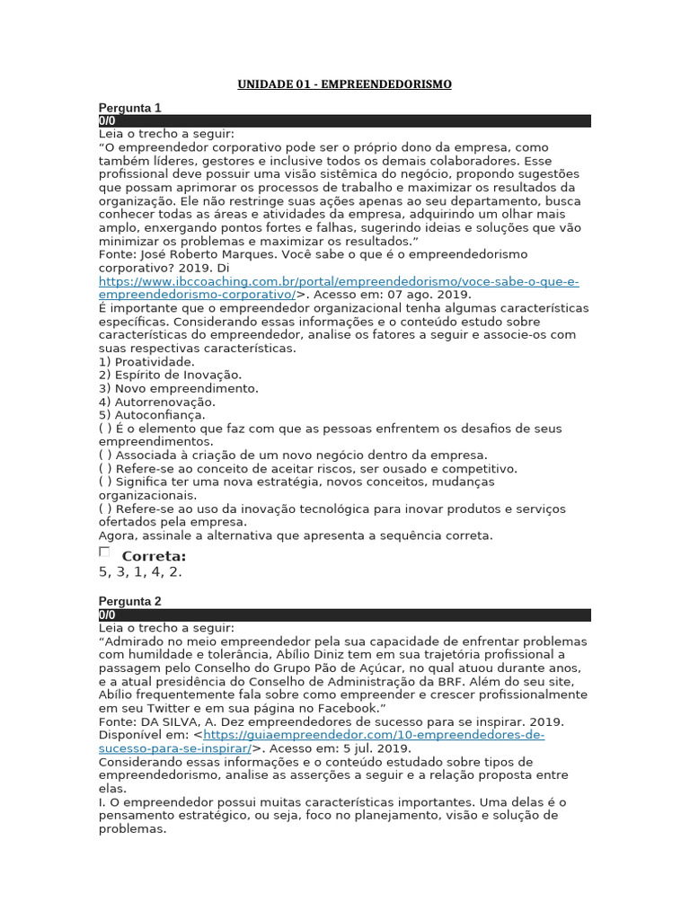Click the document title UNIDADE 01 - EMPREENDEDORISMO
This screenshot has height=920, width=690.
click(x=344, y=84)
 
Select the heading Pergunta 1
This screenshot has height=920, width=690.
click(x=129, y=108)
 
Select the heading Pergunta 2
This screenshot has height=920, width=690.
click(x=129, y=601)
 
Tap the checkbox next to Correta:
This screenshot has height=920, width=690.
click(x=104, y=552)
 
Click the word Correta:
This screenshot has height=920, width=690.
click(x=154, y=556)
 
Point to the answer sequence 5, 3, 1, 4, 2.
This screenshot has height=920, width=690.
click(x=140, y=571)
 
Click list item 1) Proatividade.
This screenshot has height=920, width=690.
click(x=146, y=362)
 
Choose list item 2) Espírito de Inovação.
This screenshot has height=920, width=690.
click(x=170, y=375)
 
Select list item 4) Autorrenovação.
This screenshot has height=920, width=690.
click(x=156, y=402)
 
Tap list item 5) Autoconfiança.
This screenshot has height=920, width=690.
click(x=152, y=415)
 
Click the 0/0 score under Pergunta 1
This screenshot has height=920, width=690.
click(x=107, y=120)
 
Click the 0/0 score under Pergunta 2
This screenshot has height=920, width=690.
click(x=107, y=615)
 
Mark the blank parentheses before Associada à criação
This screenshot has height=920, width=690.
click(x=105, y=456)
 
